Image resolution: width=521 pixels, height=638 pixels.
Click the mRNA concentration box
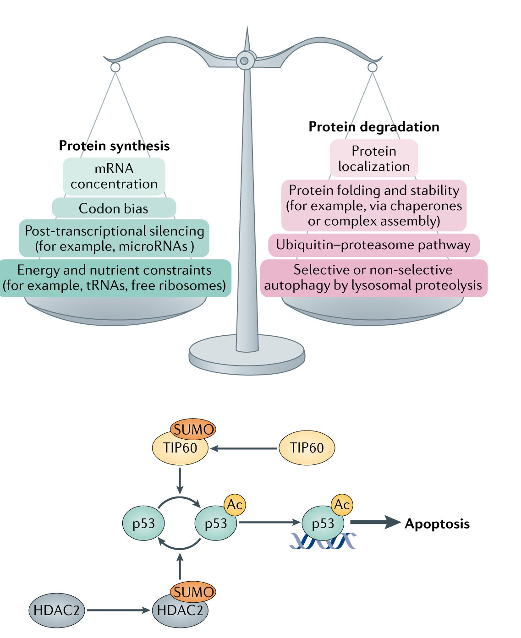click(114, 176)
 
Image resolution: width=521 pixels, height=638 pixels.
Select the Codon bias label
click(114, 208)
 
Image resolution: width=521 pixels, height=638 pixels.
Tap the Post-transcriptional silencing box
click(114, 238)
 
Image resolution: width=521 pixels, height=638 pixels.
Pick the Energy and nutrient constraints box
click(115, 278)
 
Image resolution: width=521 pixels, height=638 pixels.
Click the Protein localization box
click(374, 158)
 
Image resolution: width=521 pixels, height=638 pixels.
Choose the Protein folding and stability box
click(374, 205)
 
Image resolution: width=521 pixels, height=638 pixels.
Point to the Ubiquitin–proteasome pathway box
click(373, 245)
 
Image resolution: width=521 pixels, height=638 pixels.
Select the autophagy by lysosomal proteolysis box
click(373, 278)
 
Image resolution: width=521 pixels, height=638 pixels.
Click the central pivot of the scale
click(245, 60)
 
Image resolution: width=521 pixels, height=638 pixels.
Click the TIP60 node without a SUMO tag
click(307, 447)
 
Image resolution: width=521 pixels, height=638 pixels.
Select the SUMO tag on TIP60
click(193, 430)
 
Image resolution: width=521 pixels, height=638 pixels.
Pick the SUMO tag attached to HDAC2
click(193, 592)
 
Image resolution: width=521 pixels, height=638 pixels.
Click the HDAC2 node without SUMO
click(57, 611)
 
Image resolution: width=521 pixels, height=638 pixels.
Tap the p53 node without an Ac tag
click(144, 523)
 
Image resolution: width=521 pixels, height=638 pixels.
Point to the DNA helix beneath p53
click(323, 541)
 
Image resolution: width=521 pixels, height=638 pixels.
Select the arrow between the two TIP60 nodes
click(244, 448)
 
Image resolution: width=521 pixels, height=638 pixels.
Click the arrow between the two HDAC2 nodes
click(118, 611)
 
